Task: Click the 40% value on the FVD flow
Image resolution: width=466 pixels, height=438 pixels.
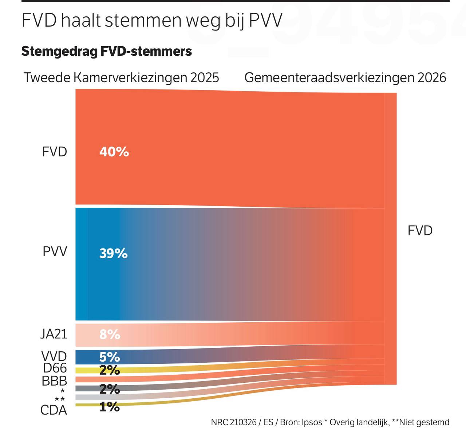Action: coord(114,152)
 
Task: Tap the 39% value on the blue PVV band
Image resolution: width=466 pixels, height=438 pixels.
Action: coord(113,253)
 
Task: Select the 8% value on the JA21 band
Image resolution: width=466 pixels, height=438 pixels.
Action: coord(110,334)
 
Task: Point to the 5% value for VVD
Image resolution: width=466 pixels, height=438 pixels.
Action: coord(110,357)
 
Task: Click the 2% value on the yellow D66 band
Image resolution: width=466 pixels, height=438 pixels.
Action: coord(110,370)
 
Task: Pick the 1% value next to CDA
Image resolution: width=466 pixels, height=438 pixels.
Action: coord(110,407)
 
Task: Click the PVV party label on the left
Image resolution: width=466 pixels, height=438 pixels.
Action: coord(55,252)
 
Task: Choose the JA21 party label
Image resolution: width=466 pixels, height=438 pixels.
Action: coord(54,334)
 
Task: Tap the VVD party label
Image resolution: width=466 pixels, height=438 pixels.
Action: coord(54,356)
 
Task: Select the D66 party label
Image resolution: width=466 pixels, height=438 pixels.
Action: coord(55,368)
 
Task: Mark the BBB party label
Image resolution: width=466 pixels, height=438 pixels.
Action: coord(54,381)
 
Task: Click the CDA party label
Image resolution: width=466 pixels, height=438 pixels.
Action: coord(54,410)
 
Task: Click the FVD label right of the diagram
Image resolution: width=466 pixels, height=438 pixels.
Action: coord(420,231)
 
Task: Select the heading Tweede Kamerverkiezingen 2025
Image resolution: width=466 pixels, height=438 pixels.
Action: coord(121,77)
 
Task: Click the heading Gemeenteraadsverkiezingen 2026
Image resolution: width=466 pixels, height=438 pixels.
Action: coord(345,77)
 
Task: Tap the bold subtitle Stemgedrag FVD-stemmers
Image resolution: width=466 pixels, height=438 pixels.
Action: coord(106,51)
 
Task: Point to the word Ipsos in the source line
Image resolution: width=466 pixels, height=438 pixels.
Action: coord(312,422)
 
